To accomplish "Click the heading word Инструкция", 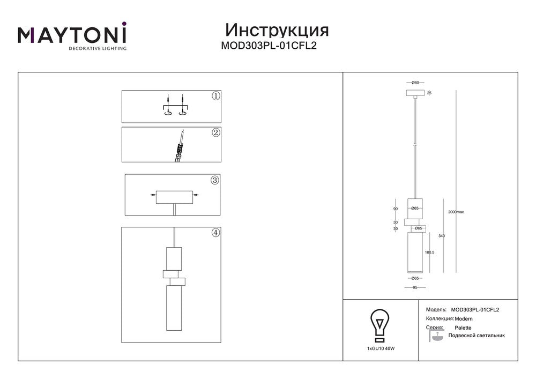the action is tap(277, 30).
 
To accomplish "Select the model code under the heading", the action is tap(269, 46).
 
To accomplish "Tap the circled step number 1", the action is tap(215, 96).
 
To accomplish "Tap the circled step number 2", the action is tap(215, 132).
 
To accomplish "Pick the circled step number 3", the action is tap(215, 180).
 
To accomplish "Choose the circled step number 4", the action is tap(215, 233).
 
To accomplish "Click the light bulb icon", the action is tap(380, 325).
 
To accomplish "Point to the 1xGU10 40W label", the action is tap(381, 348).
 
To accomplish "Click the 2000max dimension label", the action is tap(456, 212).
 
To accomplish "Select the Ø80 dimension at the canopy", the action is tap(415, 83).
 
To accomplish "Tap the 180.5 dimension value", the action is tap(429, 252).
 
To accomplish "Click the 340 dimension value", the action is tap(442, 236).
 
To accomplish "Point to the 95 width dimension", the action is tap(415, 288).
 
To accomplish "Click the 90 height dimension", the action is tap(396, 209).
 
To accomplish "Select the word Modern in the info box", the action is tap(464, 319).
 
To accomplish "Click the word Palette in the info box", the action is tap(463, 328).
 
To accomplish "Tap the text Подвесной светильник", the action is tap(477, 336).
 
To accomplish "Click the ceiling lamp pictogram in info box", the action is tap(436, 336).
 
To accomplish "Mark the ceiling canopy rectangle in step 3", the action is tap(174, 197).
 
